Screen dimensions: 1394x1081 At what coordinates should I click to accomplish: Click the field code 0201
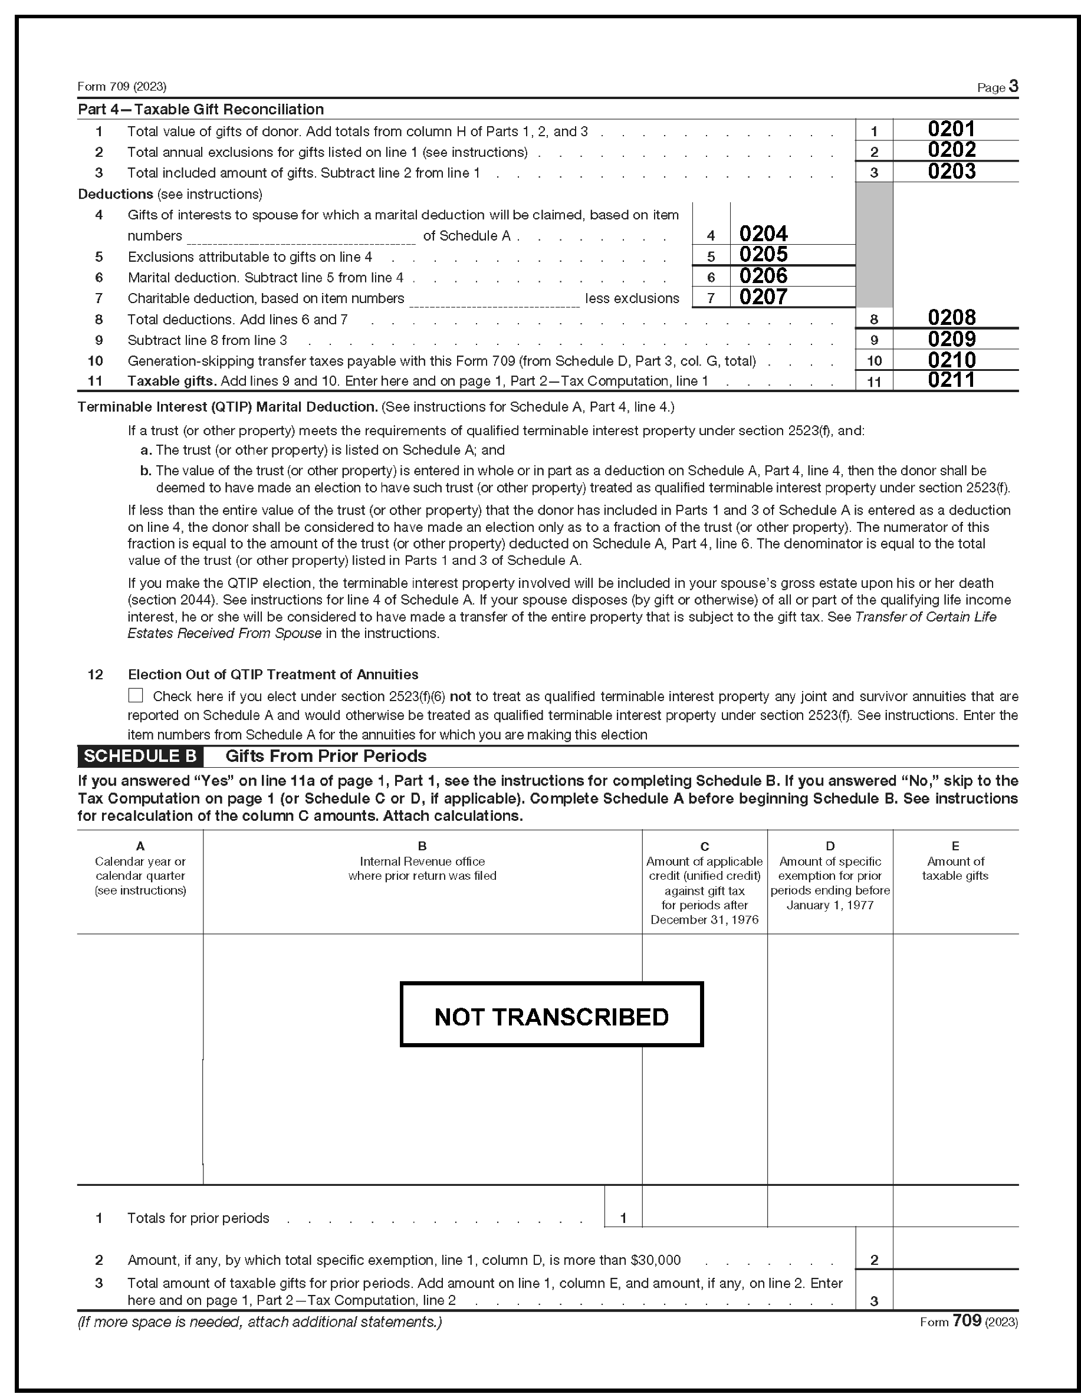coord(951,129)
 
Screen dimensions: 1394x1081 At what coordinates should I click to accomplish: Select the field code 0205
coord(763,255)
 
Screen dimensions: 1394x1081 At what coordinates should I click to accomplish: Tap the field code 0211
coord(951,380)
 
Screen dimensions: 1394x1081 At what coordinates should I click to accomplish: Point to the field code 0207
coord(763,297)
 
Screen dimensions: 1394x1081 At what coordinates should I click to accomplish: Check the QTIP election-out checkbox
coord(136,695)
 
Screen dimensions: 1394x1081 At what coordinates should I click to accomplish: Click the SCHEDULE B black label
coord(140,757)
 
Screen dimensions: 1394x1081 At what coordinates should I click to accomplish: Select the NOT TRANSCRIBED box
coord(551,1017)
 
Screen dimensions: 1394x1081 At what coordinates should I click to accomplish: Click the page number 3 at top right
coord(1013,86)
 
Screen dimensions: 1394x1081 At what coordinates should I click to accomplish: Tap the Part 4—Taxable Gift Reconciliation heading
coord(201,109)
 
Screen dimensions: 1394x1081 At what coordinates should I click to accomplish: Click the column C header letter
coord(704,846)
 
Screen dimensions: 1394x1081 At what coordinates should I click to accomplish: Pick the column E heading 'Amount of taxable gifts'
coord(955,869)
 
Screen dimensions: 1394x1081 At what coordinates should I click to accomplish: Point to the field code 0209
coord(951,339)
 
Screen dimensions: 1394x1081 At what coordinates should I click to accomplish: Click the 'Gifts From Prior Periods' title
coord(326,757)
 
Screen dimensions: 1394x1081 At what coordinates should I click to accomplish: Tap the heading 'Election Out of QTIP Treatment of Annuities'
coord(272,675)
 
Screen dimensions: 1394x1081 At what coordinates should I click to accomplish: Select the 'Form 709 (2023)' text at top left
coord(122,86)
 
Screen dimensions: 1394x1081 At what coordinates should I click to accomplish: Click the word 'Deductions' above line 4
coord(115,194)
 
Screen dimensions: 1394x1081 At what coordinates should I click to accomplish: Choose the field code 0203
coord(951,171)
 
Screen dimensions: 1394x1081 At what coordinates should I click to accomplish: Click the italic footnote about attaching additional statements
coord(259,1322)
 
